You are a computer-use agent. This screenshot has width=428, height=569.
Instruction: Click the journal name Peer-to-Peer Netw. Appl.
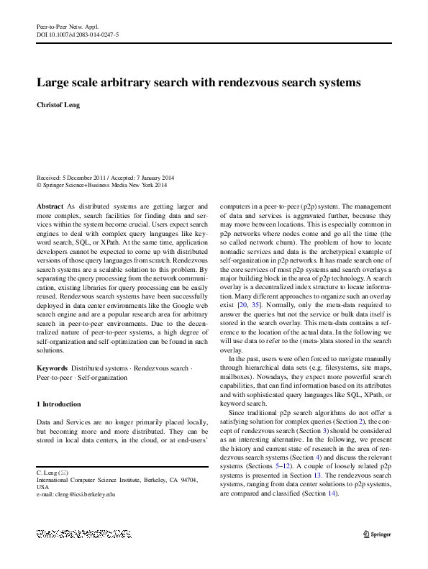coord(66,25)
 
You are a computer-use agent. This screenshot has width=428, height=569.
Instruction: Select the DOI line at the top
coord(78,33)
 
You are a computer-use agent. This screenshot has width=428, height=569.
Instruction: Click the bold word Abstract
coord(50,206)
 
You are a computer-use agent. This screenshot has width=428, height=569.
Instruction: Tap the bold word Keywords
coord(51,368)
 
